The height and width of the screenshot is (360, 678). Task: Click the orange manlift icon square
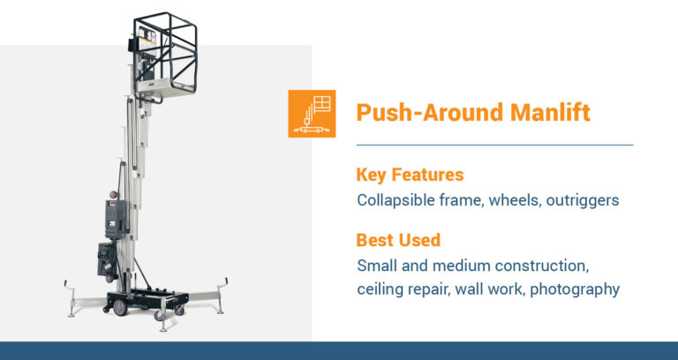[312, 113]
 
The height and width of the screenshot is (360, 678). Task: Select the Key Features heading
[411, 175]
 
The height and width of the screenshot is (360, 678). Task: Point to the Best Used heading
[398, 240]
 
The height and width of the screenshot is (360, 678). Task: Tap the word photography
[574, 289]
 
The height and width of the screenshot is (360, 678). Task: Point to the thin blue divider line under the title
[494, 145]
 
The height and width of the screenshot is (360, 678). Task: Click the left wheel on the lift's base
[118, 307]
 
